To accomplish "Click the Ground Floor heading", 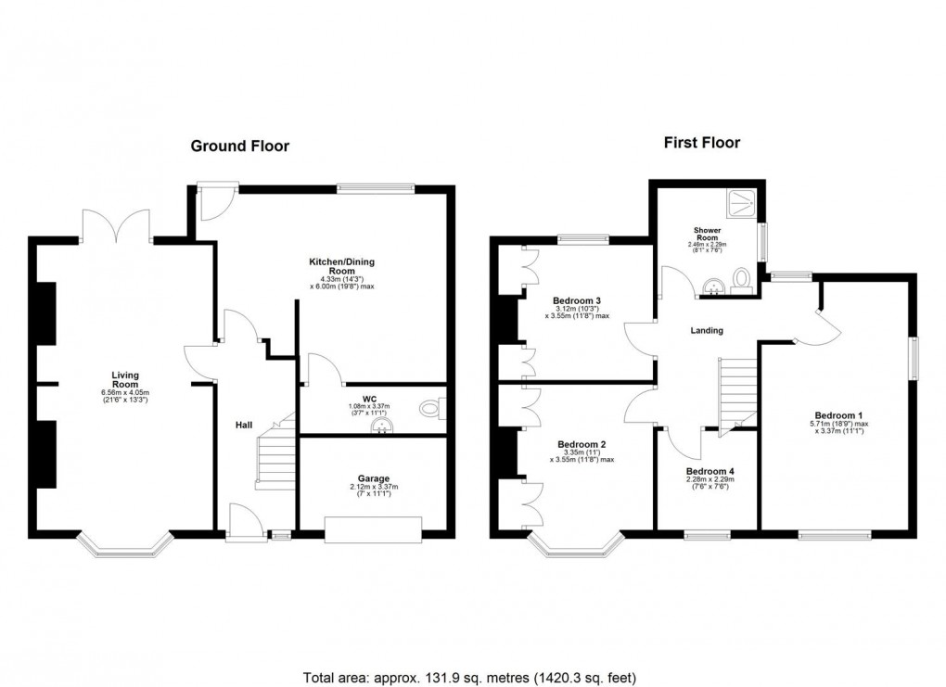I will [239, 146].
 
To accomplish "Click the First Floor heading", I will [701, 143].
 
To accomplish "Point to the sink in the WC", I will [382, 426].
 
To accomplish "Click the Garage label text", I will [374, 478].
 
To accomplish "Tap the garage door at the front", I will [374, 529].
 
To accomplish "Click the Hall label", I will [243, 424].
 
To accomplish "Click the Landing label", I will [706, 331].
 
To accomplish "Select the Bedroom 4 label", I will [709, 472].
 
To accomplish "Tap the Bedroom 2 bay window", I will [575, 546].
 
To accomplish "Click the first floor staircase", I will [738, 393].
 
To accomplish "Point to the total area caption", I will [471, 678].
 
